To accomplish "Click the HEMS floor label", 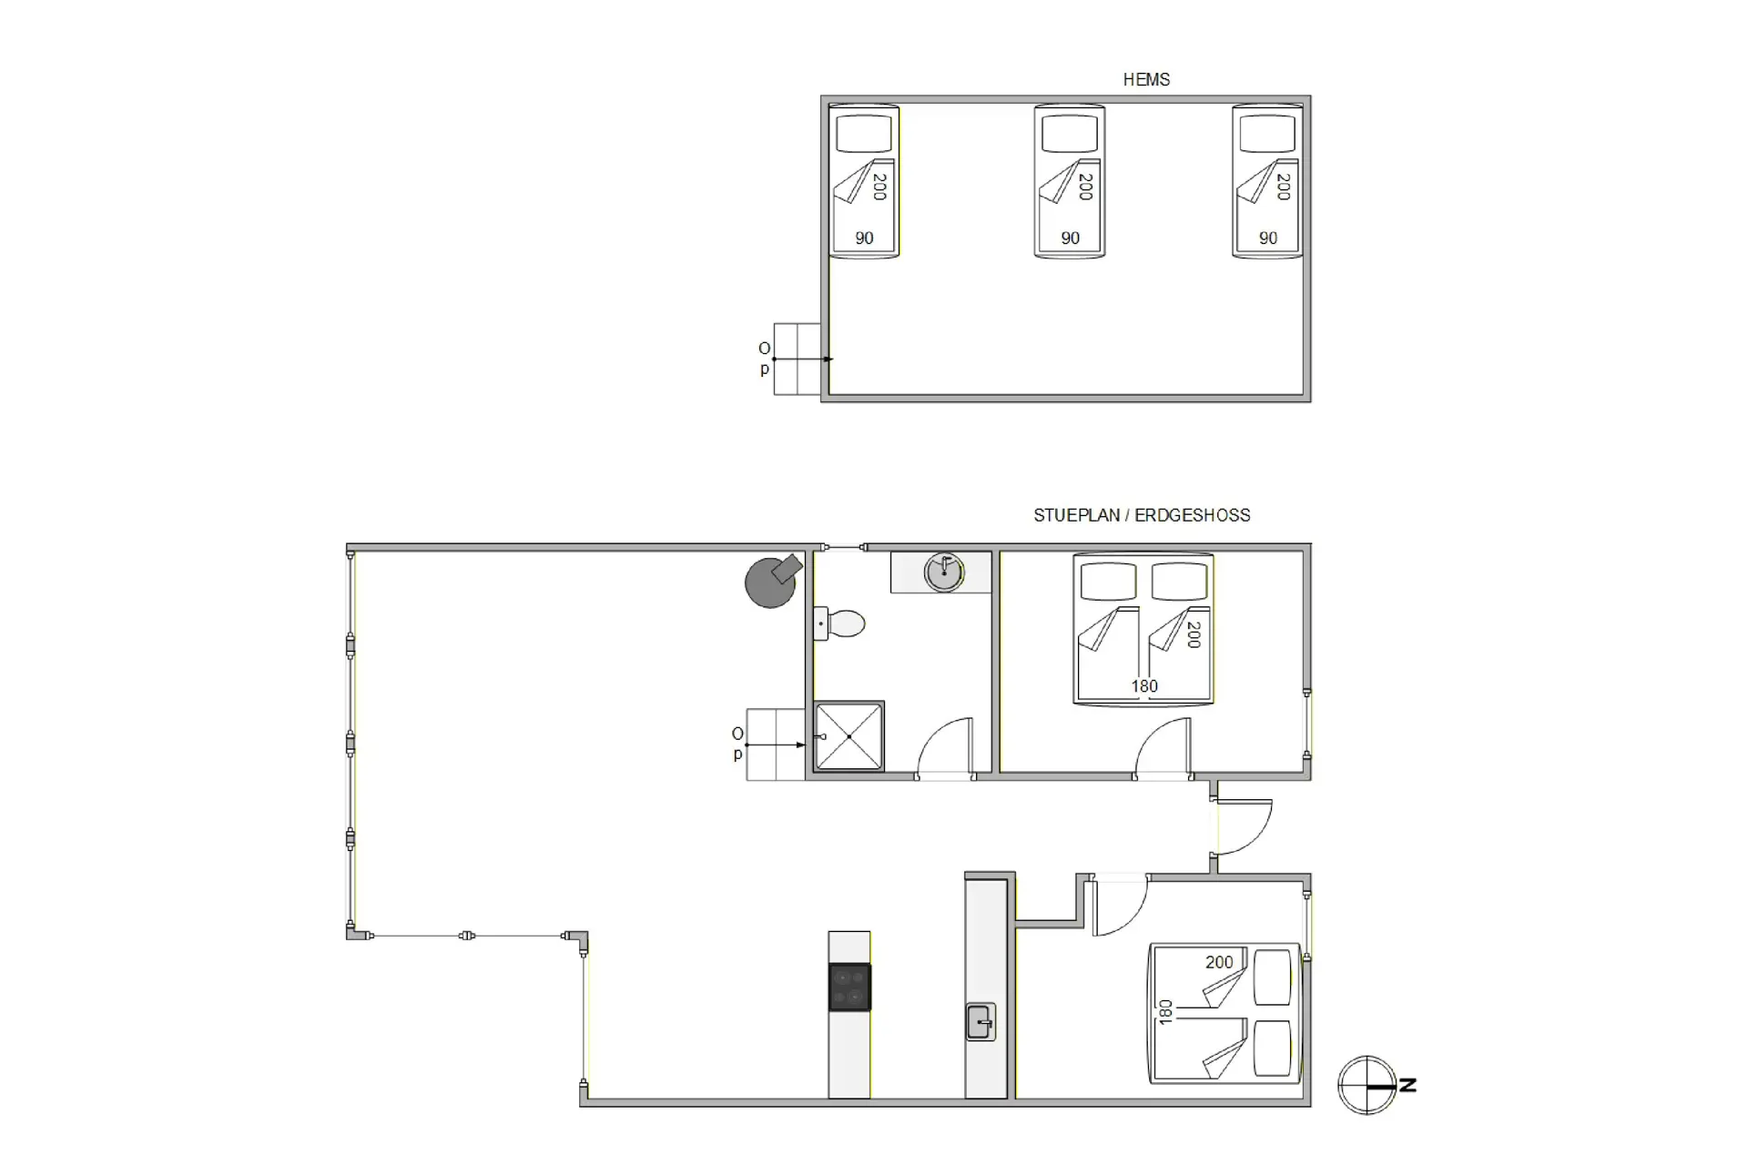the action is click(1146, 80).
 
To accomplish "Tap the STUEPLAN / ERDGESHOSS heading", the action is click(1142, 515).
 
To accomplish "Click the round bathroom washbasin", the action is click(944, 572).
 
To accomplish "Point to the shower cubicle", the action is click(849, 735).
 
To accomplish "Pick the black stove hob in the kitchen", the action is click(849, 988).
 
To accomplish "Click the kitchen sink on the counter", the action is click(981, 1021).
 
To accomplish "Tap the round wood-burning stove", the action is click(772, 580).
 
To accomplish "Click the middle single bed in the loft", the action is click(1070, 181).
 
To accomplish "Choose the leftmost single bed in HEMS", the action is click(864, 181).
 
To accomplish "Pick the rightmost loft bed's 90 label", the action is click(1268, 238).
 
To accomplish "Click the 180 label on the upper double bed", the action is click(1144, 686).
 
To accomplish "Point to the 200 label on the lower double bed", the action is click(1219, 962).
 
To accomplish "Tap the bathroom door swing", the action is click(945, 746).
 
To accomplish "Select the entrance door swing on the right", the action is click(1244, 827).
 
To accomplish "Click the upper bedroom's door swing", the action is click(1163, 747).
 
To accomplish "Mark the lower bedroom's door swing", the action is click(1120, 907).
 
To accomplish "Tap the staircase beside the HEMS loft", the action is click(798, 360).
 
